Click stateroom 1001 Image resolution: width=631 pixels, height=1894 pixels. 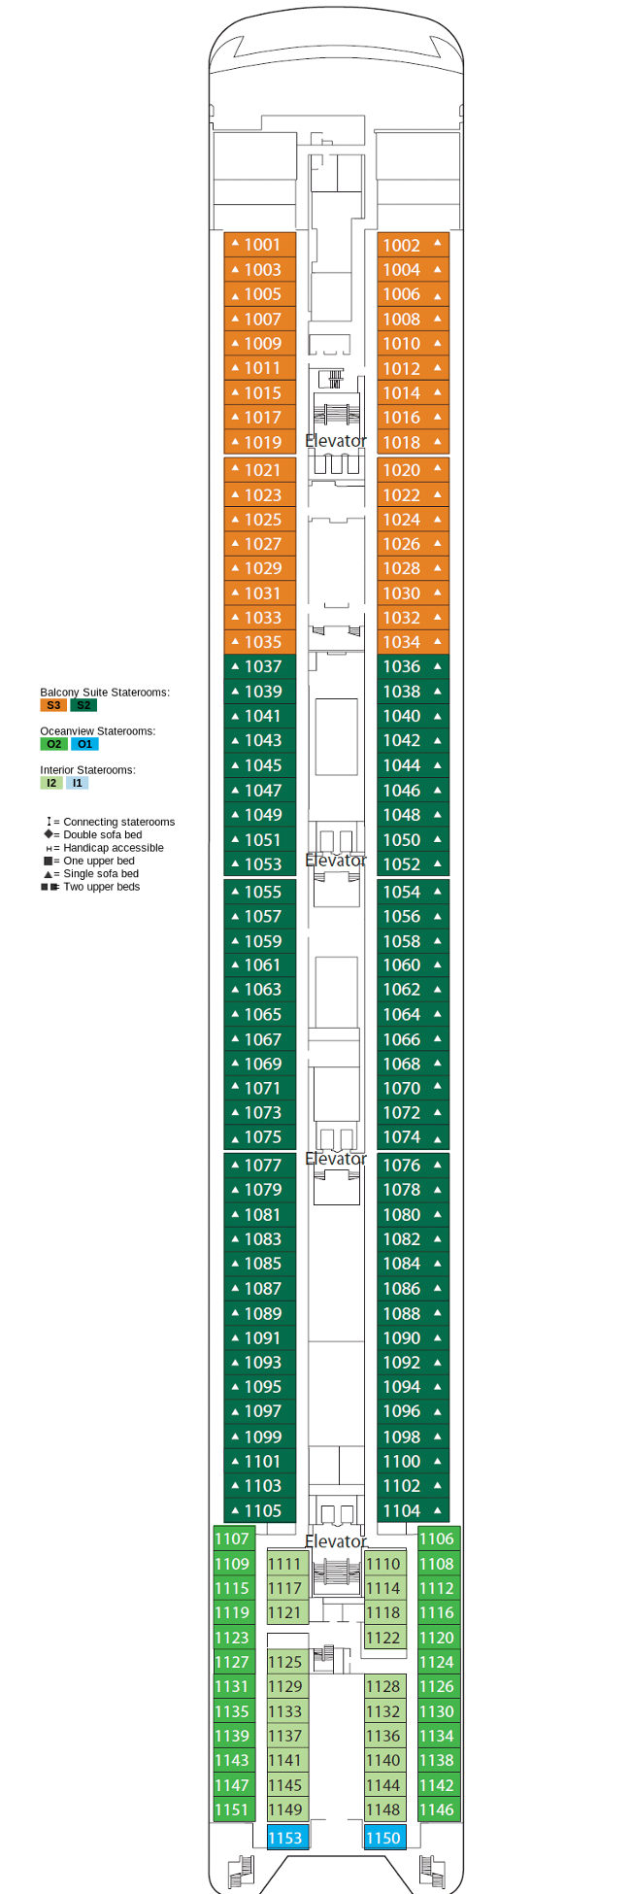[x=260, y=245]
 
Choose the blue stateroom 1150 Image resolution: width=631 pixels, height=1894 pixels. [x=383, y=1837]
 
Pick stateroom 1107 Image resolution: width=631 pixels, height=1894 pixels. [x=233, y=1539]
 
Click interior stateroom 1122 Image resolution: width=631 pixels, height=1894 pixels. [x=383, y=1638]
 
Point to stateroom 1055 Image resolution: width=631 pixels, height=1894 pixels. [x=260, y=892]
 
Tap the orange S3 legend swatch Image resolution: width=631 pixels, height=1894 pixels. [x=52, y=705]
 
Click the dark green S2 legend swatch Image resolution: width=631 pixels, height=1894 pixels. [x=83, y=705]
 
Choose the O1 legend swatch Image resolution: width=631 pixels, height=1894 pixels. [x=84, y=744]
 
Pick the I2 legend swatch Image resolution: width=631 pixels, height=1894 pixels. [x=51, y=783]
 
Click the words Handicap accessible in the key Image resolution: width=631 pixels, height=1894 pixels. [x=114, y=848]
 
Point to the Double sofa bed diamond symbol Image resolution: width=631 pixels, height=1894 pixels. [x=49, y=834]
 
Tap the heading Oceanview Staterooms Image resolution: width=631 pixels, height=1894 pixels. [x=97, y=731]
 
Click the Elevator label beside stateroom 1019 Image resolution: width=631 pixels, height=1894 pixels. [x=336, y=441]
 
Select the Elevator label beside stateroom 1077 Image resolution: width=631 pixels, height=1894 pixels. [x=336, y=1159]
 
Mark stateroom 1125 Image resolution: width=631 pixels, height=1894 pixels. [x=285, y=1662]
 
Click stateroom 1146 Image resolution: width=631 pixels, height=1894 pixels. [x=437, y=1809]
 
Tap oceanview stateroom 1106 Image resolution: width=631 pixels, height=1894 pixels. [x=437, y=1539]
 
